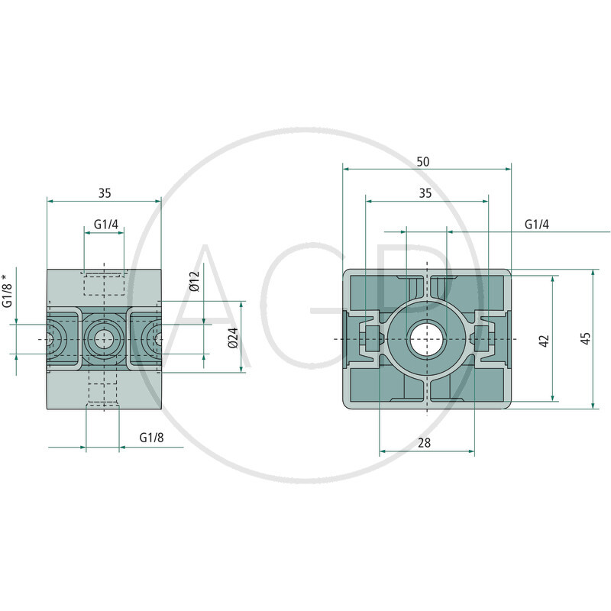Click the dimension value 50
423,162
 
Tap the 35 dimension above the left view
105,193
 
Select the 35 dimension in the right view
425,193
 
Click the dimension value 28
425,443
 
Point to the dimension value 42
545,340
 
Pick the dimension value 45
586,338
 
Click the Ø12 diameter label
194,281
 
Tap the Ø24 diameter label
233,338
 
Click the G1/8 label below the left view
151,438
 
